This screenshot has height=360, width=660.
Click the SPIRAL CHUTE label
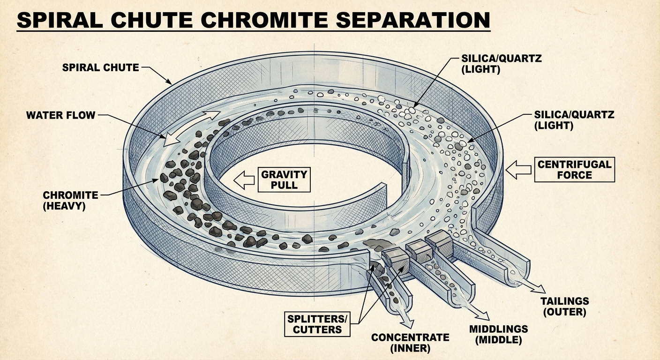100,67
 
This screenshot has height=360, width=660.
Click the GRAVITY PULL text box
284,180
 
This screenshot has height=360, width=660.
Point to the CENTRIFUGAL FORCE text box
574,170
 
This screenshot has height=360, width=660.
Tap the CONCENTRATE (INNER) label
410,343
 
